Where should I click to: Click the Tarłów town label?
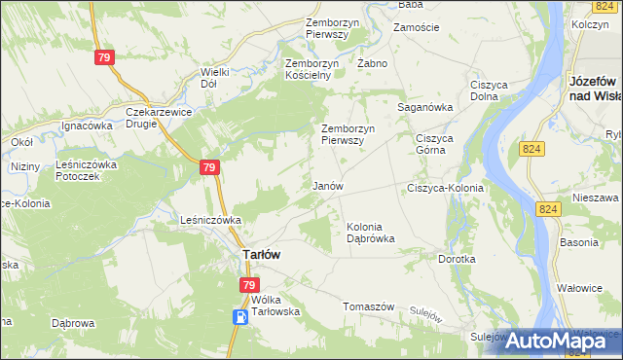(x=261, y=254)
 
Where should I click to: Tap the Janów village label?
(x=327, y=185)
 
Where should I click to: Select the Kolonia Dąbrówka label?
(x=371, y=233)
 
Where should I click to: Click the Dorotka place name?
(x=457, y=260)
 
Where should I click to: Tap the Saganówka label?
(x=425, y=107)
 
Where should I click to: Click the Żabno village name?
(x=372, y=63)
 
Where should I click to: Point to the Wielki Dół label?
(x=214, y=78)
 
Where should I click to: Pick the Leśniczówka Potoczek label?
(x=87, y=171)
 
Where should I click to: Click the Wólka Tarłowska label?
(x=275, y=306)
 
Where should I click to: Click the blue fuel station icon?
(x=239, y=317)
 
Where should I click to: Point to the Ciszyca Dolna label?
(x=490, y=90)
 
